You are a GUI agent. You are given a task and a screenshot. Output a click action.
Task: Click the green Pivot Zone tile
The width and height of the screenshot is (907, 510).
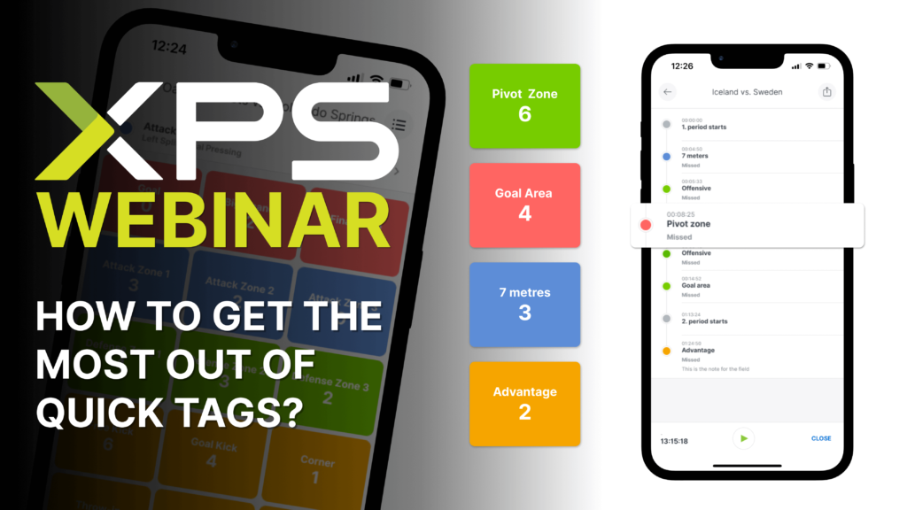[x=524, y=105]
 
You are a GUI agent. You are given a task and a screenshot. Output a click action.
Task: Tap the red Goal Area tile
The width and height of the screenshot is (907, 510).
[x=524, y=205]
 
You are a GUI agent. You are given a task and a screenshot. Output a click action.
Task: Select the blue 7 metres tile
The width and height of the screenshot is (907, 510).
[x=524, y=304]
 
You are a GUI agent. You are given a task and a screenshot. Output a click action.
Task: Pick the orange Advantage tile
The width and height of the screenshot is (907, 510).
[x=524, y=403]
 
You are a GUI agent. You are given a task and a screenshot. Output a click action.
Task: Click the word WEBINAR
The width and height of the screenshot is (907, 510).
[x=213, y=215]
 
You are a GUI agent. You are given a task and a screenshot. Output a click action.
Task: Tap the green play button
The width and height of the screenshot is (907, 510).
[x=744, y=438]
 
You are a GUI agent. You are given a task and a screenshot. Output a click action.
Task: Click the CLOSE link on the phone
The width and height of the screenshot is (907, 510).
[x=821, y=438]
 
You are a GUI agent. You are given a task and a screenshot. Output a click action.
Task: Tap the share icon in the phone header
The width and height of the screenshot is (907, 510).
[x=827, y=91]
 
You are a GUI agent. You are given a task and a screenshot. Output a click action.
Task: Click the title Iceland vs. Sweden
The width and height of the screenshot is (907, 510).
[x=747, y=92]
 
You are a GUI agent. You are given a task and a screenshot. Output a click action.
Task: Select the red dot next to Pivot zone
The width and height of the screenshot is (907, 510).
[x=646, y=226]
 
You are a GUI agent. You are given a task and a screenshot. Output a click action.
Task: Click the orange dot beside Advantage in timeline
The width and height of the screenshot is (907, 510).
[x=666, y=351]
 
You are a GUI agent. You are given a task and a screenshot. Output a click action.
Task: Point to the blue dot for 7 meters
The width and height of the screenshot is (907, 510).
[x=666, y=156]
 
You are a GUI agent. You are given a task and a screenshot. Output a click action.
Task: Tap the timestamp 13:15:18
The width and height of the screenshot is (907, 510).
[x=674, y=440]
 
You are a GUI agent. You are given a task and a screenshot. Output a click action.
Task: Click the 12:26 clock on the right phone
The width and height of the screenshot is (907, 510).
[x=682, y=66]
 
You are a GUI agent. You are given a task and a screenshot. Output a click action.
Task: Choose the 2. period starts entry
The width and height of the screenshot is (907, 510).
[x=704, y=321]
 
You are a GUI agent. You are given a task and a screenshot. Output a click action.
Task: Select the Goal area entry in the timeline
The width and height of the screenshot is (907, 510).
[x=695, y=285]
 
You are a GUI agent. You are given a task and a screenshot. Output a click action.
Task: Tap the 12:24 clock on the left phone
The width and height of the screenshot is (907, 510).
[x=168, y=45]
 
